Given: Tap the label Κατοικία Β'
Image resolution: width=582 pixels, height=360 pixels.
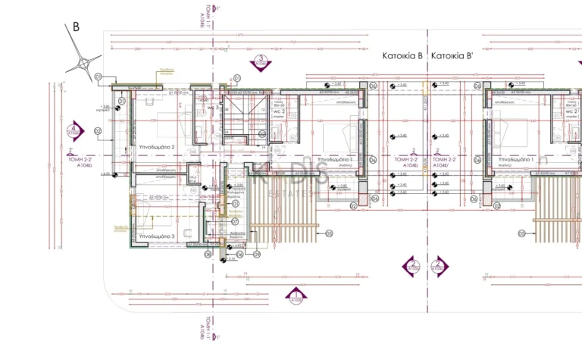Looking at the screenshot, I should tap(452, 56).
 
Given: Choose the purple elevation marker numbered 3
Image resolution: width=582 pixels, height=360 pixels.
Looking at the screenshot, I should tap(261, 61).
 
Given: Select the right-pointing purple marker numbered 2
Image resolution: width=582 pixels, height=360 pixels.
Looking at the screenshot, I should tap(439, 265).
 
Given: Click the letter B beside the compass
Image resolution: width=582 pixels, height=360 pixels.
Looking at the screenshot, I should tap(76, 27).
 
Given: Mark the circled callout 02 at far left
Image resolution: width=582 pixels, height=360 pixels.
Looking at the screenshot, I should tap(98, 130).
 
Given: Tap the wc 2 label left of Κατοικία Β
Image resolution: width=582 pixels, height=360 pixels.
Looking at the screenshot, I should tap(277, 112).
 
